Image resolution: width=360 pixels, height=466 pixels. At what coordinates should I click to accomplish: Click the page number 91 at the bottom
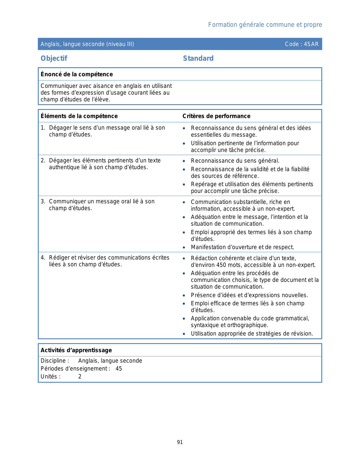(180, 442)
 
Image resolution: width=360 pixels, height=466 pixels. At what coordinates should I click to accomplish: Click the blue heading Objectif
(54, 58)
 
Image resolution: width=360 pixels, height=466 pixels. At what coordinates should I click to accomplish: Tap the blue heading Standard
(198, 58)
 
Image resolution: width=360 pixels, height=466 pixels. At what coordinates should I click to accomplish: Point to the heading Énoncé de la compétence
(77, 74)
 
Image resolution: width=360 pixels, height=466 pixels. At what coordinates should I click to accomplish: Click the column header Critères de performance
(216, 116)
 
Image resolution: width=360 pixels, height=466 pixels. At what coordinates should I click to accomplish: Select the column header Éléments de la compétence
(79, 116)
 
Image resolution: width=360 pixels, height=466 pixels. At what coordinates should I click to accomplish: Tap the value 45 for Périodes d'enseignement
(119, 369)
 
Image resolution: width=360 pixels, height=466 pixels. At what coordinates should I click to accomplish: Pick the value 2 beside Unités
(80, 376)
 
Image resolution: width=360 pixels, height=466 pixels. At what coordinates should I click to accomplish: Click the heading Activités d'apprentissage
(76, 350)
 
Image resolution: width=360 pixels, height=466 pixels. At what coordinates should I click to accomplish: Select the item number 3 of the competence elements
(43, 201)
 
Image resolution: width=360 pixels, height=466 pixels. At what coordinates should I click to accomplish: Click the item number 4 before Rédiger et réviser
(43, 258)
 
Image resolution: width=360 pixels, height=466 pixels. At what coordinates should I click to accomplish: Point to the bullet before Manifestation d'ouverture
(184, 247)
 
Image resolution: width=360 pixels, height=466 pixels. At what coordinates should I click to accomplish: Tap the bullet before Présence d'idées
(184, 295)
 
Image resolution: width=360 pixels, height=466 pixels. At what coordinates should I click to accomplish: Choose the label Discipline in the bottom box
(53, 361)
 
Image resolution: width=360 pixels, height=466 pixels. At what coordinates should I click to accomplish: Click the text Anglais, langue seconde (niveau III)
(87, 44)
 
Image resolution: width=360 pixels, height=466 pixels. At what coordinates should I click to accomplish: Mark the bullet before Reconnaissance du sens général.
(184, 161)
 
